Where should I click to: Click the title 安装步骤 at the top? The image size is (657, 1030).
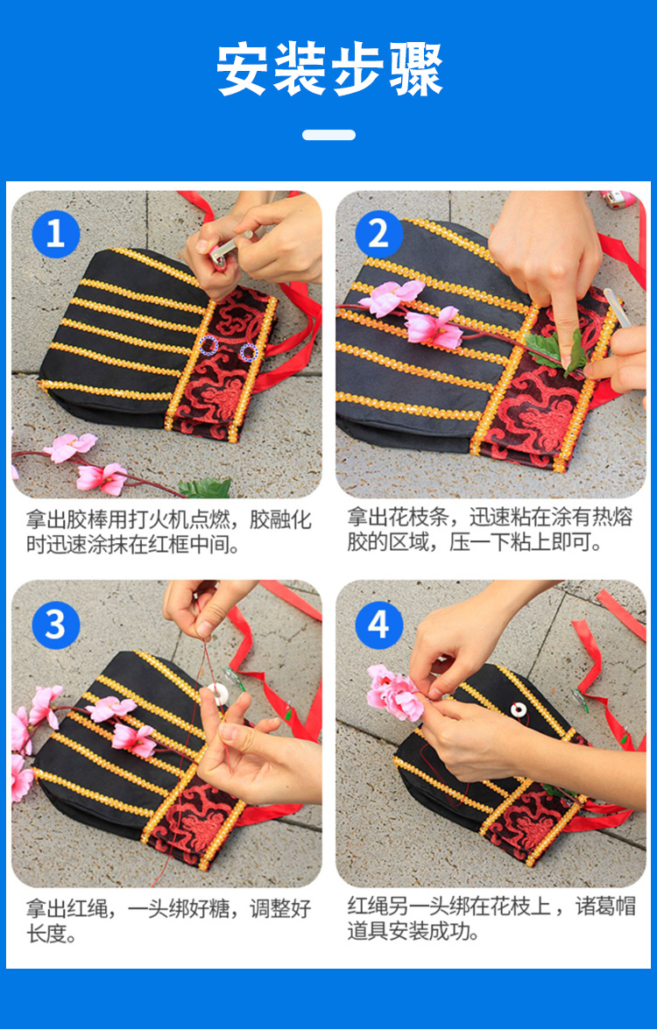coord(329,70)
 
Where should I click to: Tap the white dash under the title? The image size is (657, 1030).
coord(329,135)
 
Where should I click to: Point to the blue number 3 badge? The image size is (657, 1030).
coord(56,624)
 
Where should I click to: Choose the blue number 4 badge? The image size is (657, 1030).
coord(379,624)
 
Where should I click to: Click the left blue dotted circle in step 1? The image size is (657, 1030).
coord(208,344)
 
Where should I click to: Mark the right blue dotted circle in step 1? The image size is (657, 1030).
coord(248,353)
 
